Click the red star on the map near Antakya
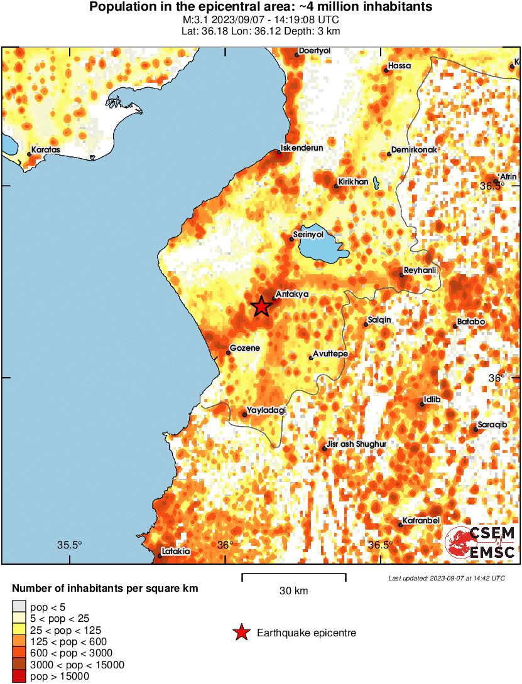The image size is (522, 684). point(261,306)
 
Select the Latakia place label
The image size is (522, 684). point(175,552)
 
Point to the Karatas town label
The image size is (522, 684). point(46,151)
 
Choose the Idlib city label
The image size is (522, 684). point(433,398)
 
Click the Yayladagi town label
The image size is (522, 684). point(266,410)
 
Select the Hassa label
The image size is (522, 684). point(400,65)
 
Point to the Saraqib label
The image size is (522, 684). point(492,425)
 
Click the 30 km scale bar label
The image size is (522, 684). point(293,591)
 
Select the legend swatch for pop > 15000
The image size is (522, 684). point(19,676)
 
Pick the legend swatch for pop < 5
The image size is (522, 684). point(19,607)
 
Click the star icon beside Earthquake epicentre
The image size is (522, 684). point(241,633)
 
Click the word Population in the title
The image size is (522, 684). point(119,8)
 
